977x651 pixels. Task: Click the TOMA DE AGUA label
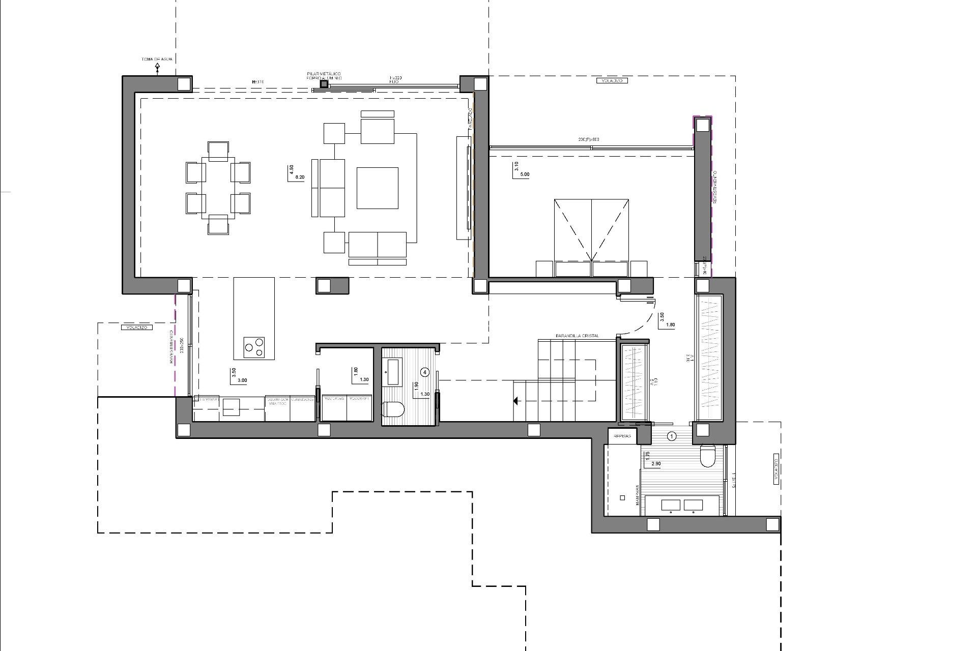(x=157, y=60)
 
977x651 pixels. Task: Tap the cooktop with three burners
(x=254, y=347)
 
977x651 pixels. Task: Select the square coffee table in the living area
(x=377, y=188)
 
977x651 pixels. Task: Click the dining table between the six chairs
(x=218, y=188)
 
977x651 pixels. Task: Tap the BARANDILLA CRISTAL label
(x=577, y=336)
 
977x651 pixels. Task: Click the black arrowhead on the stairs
(x=515, y=401)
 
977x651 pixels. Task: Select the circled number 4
(x=425, y=372)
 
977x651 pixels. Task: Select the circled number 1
(x=672, y=436)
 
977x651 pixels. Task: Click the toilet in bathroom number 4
(x=393, y=409)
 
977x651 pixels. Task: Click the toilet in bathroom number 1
(x=707, y=456)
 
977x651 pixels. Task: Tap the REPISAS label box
(x=622, y=436)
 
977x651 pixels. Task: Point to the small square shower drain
(x=622, y=498)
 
